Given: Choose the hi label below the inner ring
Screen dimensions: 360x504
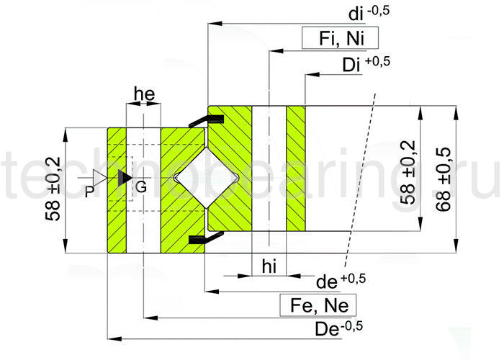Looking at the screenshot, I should click(x=268, y=267).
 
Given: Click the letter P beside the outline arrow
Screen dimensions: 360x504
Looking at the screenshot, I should click(x=89, y=191).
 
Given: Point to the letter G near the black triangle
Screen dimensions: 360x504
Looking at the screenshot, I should click(x=141, y=186).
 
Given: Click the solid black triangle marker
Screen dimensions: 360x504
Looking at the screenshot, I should click(x=125, y=177).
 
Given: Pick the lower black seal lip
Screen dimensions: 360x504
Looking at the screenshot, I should click(x=197, y=238).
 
